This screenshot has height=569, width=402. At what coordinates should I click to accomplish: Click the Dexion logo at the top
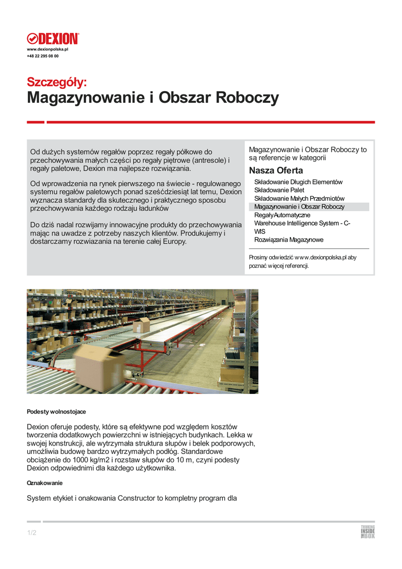coord(53,39)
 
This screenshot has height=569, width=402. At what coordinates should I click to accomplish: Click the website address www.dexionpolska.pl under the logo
coord(47,49)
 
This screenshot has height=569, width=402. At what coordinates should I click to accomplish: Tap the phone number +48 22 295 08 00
coord(43,56)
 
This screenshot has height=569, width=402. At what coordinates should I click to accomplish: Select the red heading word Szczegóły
coord(57,82)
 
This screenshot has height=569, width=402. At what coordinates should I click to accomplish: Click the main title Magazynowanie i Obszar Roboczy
coord(153,98)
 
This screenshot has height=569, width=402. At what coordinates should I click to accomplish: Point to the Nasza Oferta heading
coord(276,170)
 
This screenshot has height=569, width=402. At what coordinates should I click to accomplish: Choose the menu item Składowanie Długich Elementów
coord(298,182)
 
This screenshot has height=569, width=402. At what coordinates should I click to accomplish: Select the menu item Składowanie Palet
coord(279,190)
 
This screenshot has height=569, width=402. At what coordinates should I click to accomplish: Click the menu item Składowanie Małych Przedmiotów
coord(299,198)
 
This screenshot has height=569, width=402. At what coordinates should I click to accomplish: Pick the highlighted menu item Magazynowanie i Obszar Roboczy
coord(299,207)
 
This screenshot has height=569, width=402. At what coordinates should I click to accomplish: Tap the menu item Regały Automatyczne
coord(282,215)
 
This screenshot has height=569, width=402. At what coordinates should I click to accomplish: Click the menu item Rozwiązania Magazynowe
coord(289,240)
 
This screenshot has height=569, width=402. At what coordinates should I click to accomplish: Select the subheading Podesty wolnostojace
coord(56,412)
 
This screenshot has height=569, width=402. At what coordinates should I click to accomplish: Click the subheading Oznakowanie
coord(45,483)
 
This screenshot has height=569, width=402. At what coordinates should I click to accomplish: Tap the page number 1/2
coord(32,533)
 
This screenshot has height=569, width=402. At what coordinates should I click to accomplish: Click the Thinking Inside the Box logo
coord(368,532)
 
